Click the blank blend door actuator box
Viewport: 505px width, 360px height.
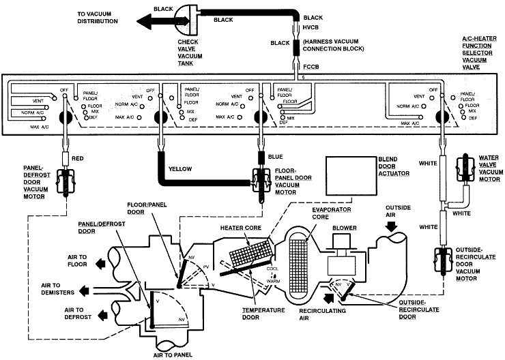point(351,176)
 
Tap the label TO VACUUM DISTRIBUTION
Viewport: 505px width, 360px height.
point(98,18)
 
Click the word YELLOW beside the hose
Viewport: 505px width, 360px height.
point(180,169)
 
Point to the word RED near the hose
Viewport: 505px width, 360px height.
point(78,158)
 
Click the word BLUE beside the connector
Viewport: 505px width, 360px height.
point(276,157)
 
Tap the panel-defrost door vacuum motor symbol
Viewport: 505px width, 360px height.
point(66,182)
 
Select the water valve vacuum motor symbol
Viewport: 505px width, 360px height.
point(465,167)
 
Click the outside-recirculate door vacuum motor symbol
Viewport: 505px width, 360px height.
point(444,260)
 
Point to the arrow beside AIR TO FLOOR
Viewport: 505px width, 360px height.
point(101,263)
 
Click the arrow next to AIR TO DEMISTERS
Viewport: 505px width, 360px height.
point(85,291)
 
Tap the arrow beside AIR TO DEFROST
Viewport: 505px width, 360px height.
point(102,315)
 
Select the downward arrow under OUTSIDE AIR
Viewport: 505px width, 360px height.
point(392,226)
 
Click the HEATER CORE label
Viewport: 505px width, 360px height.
point(241,228)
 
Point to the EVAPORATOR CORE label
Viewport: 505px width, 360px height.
point(332,213)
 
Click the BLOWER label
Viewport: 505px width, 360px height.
point(345,228)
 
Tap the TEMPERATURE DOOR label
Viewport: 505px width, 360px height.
point(263,314)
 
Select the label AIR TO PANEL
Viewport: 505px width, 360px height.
point(173,355)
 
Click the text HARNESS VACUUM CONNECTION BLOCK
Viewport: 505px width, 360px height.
point(333,45)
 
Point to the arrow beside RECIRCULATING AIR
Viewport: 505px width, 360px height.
point(330,298)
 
